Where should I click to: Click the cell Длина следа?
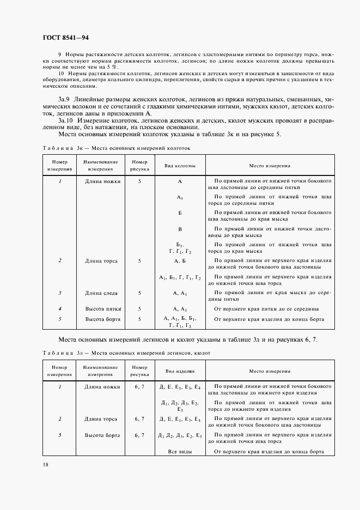point(102,293)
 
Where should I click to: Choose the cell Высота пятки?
point(102,308)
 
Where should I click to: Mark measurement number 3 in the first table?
point(59,293)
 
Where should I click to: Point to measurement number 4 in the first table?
point(59,308)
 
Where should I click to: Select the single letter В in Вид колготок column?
point(180,229)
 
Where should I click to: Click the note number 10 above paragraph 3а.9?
point(62,73)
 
